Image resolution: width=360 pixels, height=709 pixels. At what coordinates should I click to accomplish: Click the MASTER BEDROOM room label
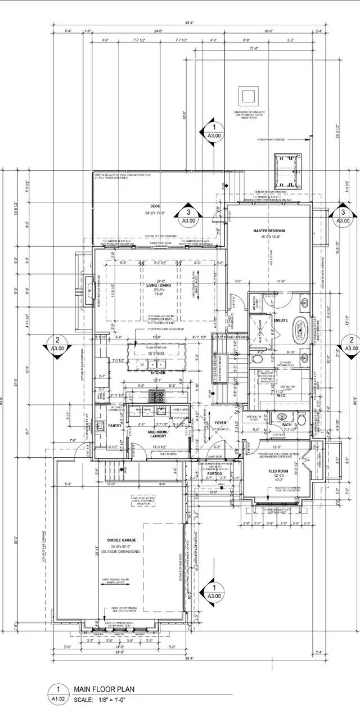(269, 231)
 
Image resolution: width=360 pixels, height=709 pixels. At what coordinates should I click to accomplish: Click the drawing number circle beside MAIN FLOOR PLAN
(56, 690)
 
